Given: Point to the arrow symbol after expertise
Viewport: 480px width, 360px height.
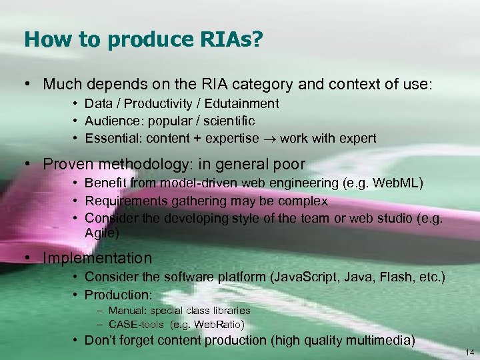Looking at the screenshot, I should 270,139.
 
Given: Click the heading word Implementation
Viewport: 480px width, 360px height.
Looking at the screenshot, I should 98,258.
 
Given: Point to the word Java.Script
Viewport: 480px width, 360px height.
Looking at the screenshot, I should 311,277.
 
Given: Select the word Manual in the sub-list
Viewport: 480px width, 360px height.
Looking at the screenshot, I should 125,311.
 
